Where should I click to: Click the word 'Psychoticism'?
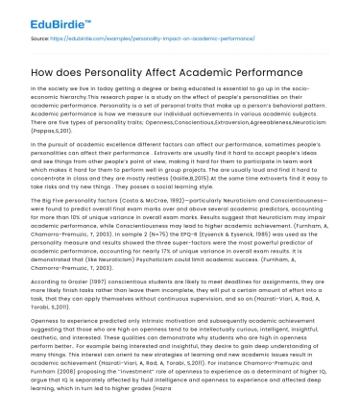click(144, 260)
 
